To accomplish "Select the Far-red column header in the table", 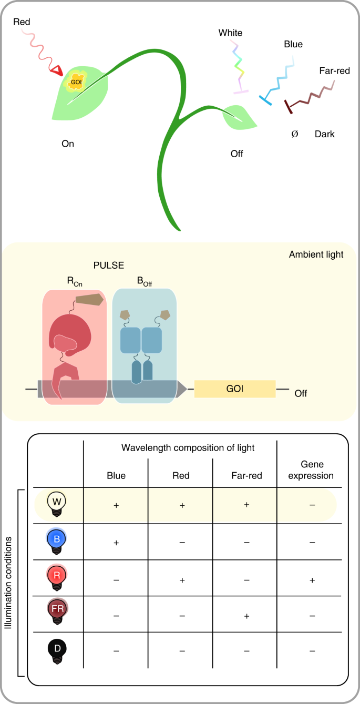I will coord(246,476).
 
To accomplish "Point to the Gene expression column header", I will coord(312,471).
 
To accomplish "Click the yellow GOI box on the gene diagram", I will coord(234,389).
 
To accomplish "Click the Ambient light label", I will coord(316,254).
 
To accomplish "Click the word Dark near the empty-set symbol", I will coord(324,134).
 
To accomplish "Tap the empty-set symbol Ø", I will coord(294,134).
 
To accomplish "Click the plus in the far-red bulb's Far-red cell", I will coord(246,615).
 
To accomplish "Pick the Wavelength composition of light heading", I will coord(188,448).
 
